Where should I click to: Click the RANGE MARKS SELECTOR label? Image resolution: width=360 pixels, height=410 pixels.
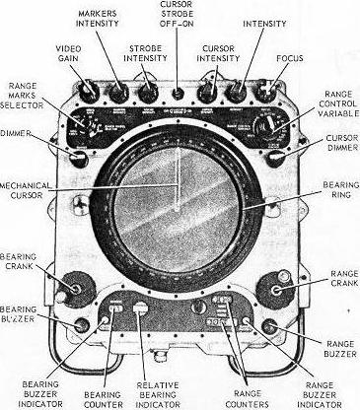click(x=25, y=97)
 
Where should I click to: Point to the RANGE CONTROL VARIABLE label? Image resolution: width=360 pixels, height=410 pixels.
click(x=330, y=106)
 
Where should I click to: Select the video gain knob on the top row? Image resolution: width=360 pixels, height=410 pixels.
click(x=91, y=93)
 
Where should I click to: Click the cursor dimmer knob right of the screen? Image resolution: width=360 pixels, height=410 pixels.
click(x=278, y=155)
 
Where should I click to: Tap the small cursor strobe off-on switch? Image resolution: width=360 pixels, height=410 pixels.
click(x=178, y=94)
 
